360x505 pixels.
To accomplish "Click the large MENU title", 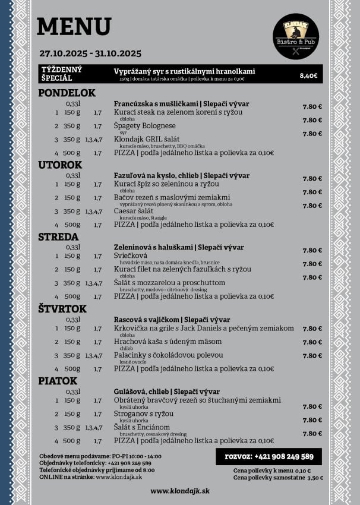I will click(74, 27).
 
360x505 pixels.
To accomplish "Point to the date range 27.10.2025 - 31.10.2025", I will click(90, 53).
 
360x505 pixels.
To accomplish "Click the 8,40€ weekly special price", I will click(308, 75).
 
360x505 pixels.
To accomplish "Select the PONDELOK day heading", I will click(67, 93).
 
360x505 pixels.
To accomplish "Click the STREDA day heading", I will click(58, 237).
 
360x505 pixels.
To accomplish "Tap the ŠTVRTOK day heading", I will click(62, 309).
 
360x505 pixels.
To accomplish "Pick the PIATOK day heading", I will click(58, 381).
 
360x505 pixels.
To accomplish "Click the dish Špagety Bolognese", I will click(145, 126).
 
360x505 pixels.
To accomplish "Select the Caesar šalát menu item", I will click(134, 211).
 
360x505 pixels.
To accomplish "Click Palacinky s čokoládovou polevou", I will click(169, 355).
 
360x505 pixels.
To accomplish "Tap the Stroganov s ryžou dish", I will click(144, 414).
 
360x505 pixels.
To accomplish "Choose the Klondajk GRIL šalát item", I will click(146, 139).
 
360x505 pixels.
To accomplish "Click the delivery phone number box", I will click(269, 456).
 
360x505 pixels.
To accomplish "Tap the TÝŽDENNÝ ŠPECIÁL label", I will click(61, 73).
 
